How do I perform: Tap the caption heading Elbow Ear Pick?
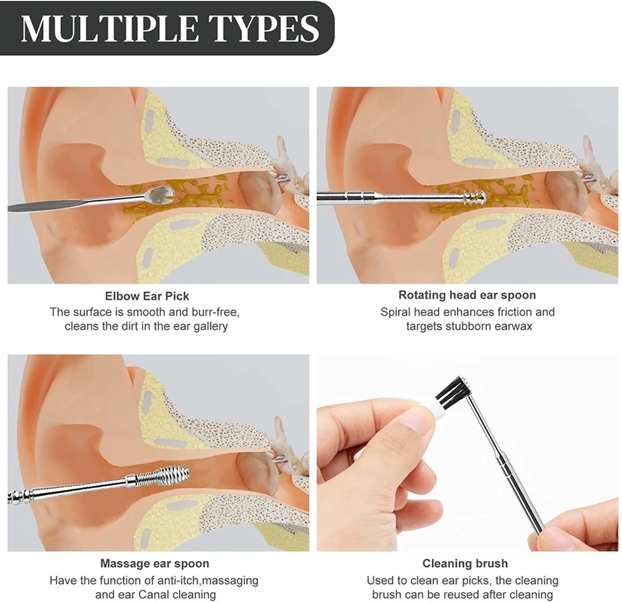pos(147,296)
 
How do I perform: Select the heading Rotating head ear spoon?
pos(467,295)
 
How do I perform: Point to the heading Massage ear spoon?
pos(155,564)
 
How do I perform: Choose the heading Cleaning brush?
pos(465,563)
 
